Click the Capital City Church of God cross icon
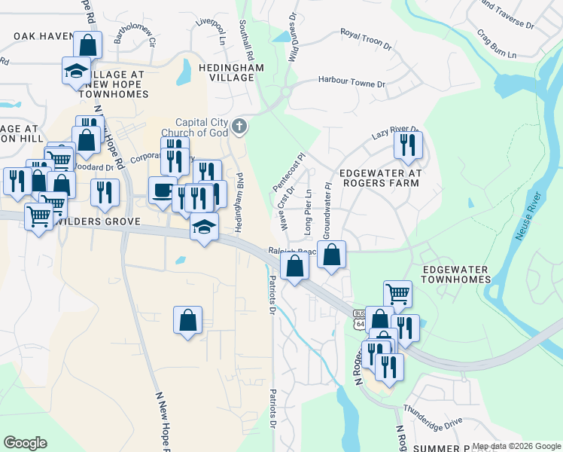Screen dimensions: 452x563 coord(239,126)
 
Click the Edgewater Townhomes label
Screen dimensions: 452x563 coord(455,274)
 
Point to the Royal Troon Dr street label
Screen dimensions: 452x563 coord(366,39)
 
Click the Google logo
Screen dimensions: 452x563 coord(25,443)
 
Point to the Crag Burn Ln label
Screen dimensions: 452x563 coord(497,44)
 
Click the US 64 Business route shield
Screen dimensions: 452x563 coord(359,319)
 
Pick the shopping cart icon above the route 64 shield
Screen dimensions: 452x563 coord(397,294)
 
